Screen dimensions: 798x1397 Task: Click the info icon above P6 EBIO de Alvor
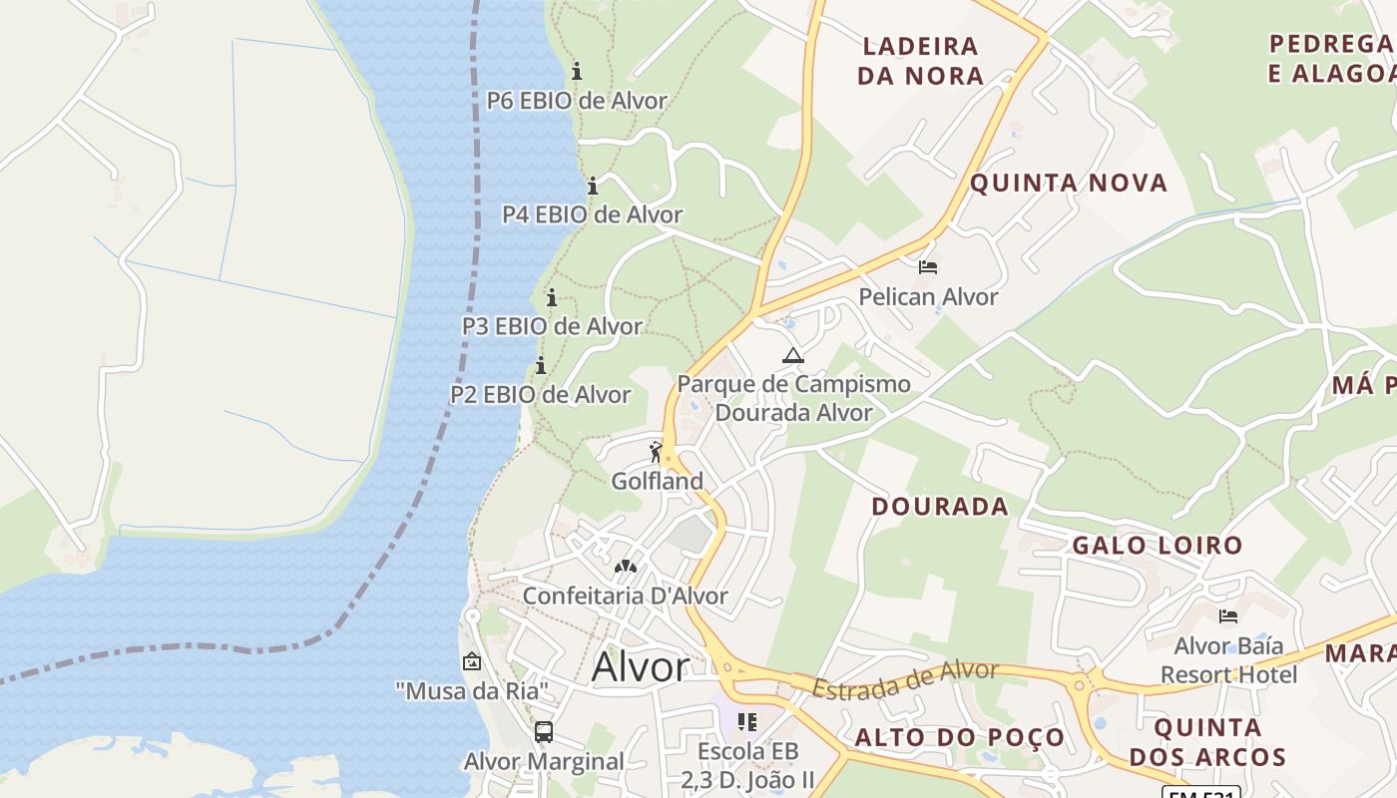tap(576, 71)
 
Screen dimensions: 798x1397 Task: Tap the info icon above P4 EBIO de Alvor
tap(592, 186)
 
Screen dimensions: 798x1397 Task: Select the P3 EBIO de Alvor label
tap(552, 326)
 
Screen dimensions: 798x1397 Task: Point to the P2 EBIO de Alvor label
tap(540, 394)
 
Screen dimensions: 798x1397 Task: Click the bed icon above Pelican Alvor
tap(928, 267)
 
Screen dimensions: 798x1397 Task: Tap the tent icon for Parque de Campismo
tap(792, 355)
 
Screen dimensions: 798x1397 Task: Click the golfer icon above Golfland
tap(656, 452)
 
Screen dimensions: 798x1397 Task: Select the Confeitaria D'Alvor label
tap(625, 596)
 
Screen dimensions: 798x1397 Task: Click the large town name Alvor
tap(640, 667)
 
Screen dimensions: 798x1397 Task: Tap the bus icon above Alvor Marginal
tap(544, 732)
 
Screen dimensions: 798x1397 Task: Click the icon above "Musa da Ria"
tap(472, 660)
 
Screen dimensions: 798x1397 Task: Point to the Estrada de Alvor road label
tap(904, 679)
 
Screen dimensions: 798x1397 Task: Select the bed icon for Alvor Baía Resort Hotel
tap(1228, 616)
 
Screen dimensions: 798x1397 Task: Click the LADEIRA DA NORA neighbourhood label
tap(920, 60)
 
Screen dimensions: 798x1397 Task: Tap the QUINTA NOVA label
tap(1068, 183)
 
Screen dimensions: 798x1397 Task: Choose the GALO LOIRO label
tap(1157, 545)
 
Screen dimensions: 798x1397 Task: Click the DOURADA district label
tap(939, 506)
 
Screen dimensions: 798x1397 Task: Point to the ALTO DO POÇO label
tap(959, 737)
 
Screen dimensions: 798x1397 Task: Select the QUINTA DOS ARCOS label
tap(1207, 741)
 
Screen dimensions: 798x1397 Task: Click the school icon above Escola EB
tap(747, 720)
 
